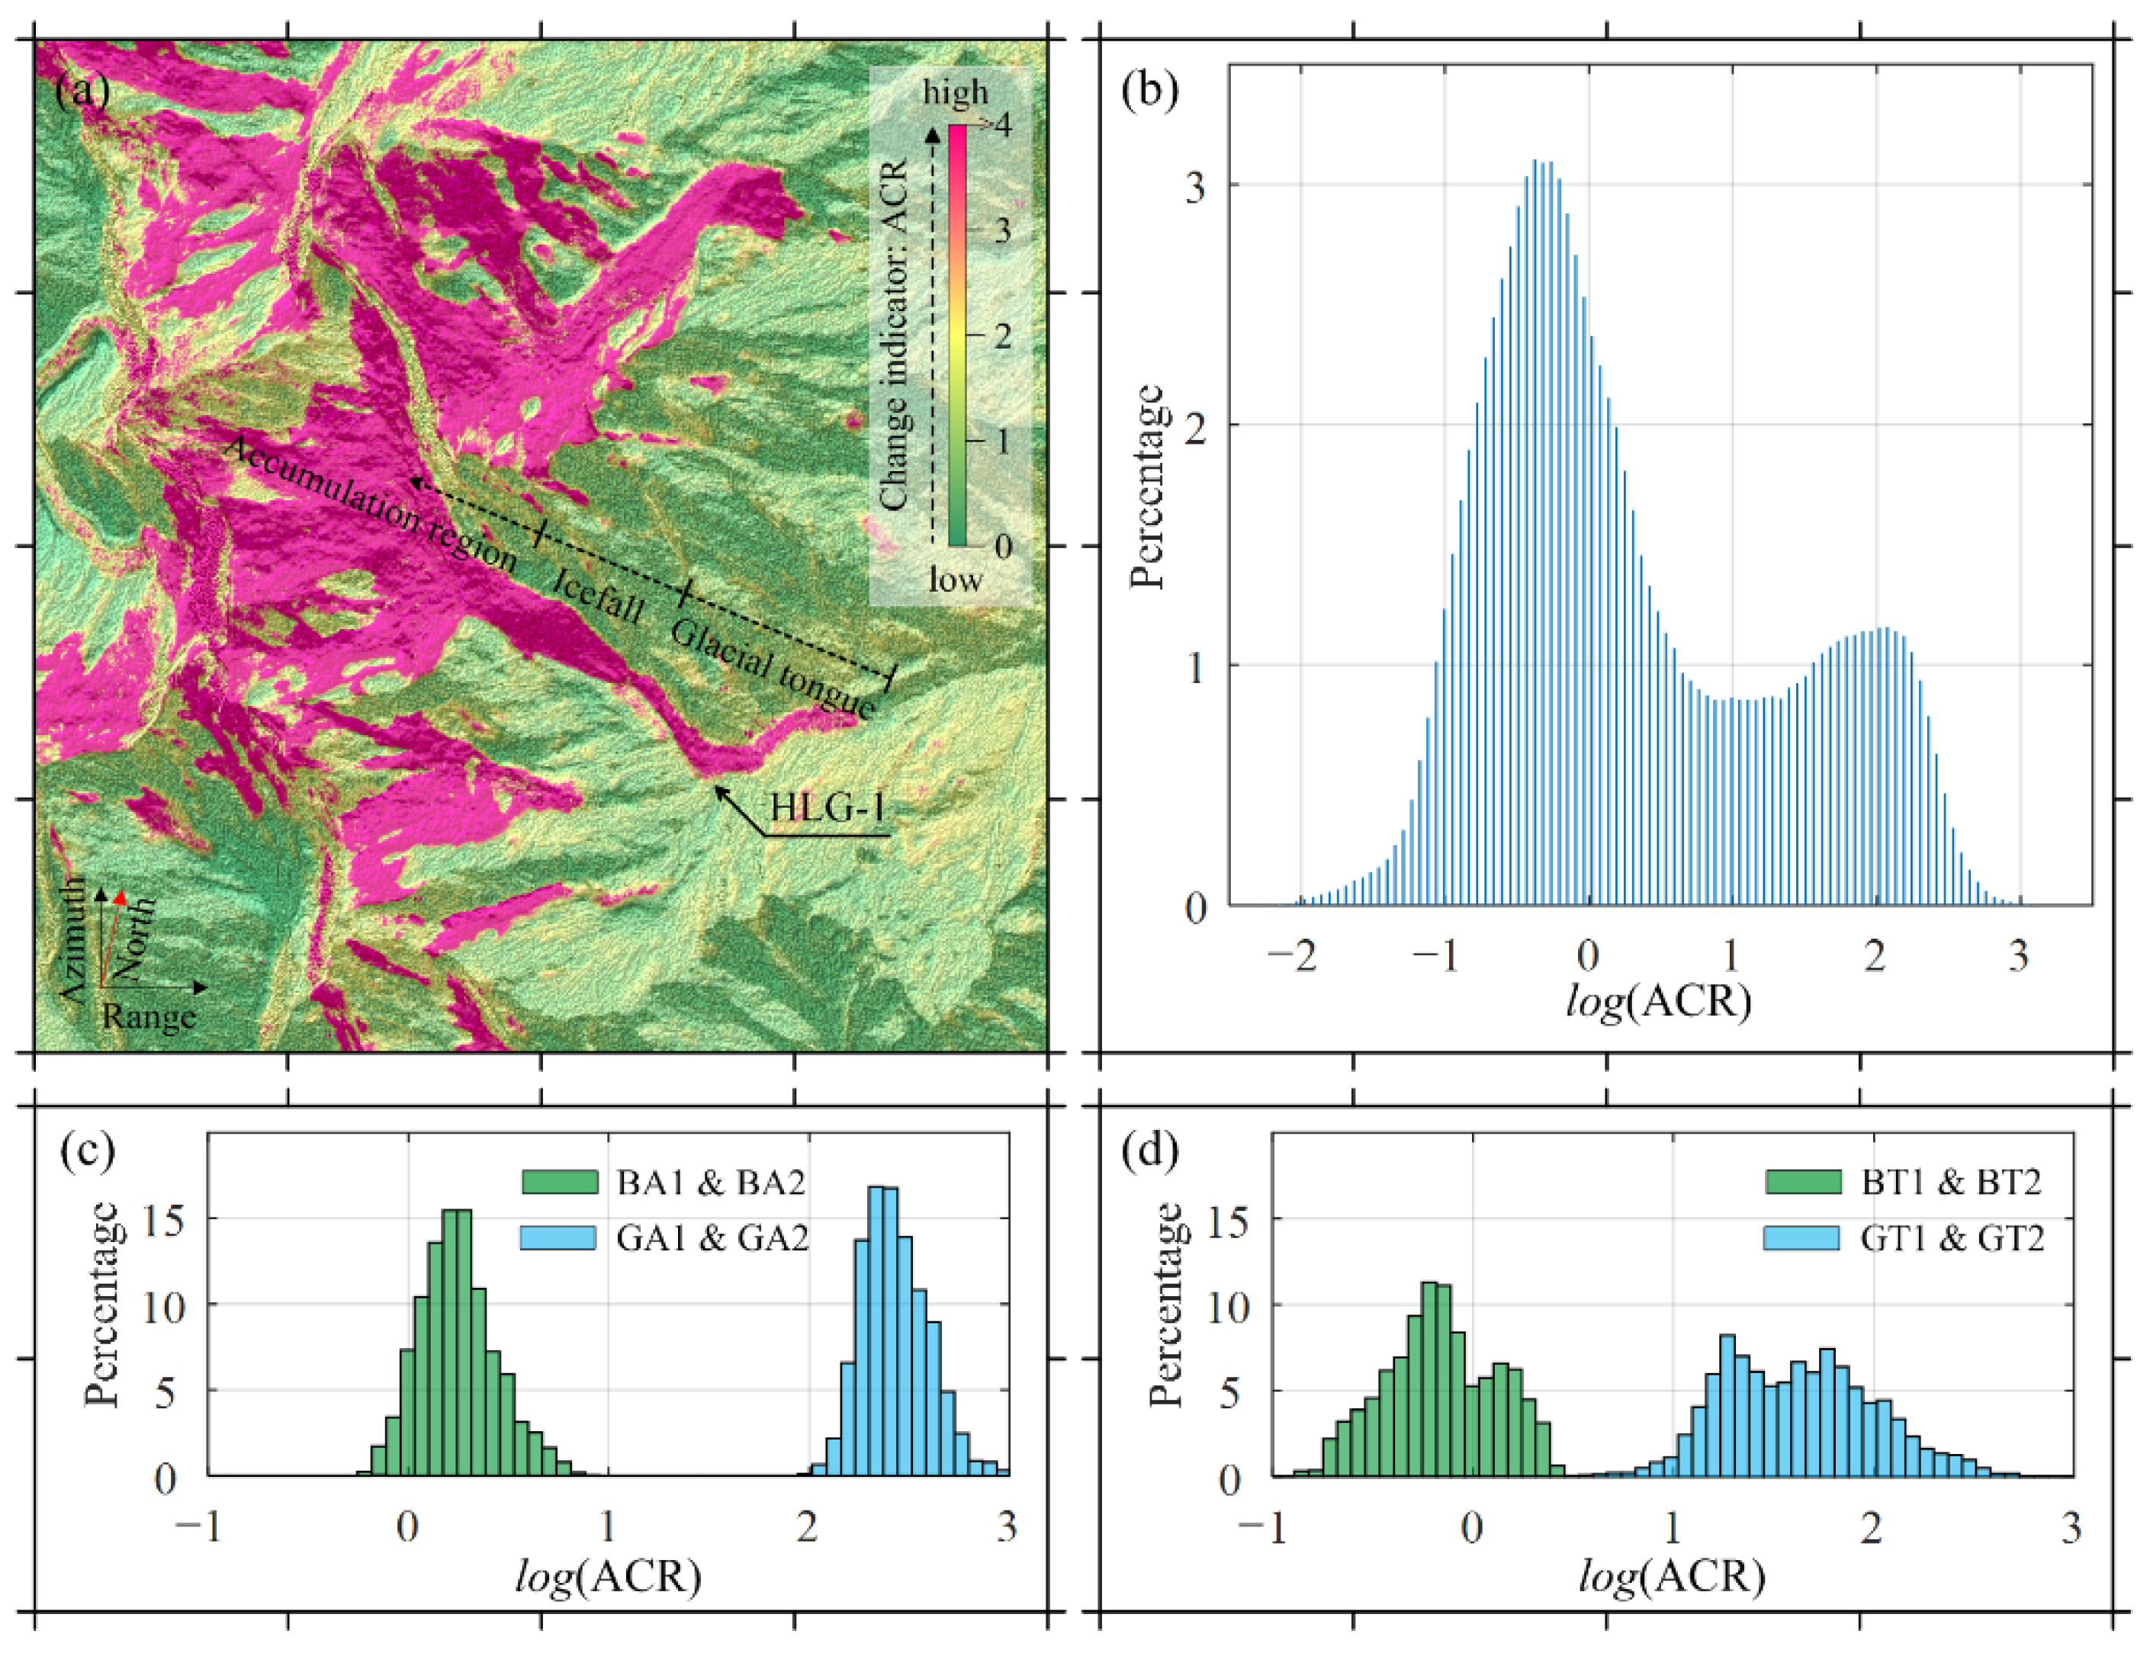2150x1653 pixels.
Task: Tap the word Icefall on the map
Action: [597, 595]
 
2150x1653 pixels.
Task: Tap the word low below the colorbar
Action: [954, 579]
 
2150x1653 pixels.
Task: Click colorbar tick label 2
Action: [1001, 335]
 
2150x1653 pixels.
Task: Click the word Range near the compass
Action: [149, 1016]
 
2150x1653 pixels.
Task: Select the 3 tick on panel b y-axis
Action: [1194, 187]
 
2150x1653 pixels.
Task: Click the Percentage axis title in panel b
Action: [1147, 487]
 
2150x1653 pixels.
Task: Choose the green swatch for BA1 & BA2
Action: [559, 1182]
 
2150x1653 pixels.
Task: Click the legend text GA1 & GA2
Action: [712, 1237]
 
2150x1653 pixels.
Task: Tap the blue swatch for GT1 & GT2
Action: [1801, 1237]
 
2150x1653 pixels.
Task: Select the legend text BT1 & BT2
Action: [1951, 1182]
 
